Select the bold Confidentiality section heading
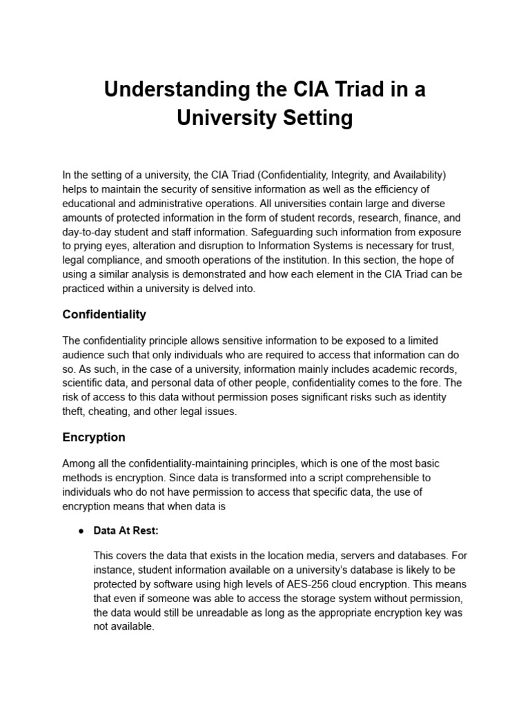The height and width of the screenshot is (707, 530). pyautogui.click(x=104, y=314)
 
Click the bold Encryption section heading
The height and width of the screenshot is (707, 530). pyautogui.click(x=94, y=437)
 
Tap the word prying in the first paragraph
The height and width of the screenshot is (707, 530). pyautogui.click(x=90, y=246)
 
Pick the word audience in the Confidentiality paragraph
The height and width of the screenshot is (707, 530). pyautogui.click(x=86, y=355)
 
